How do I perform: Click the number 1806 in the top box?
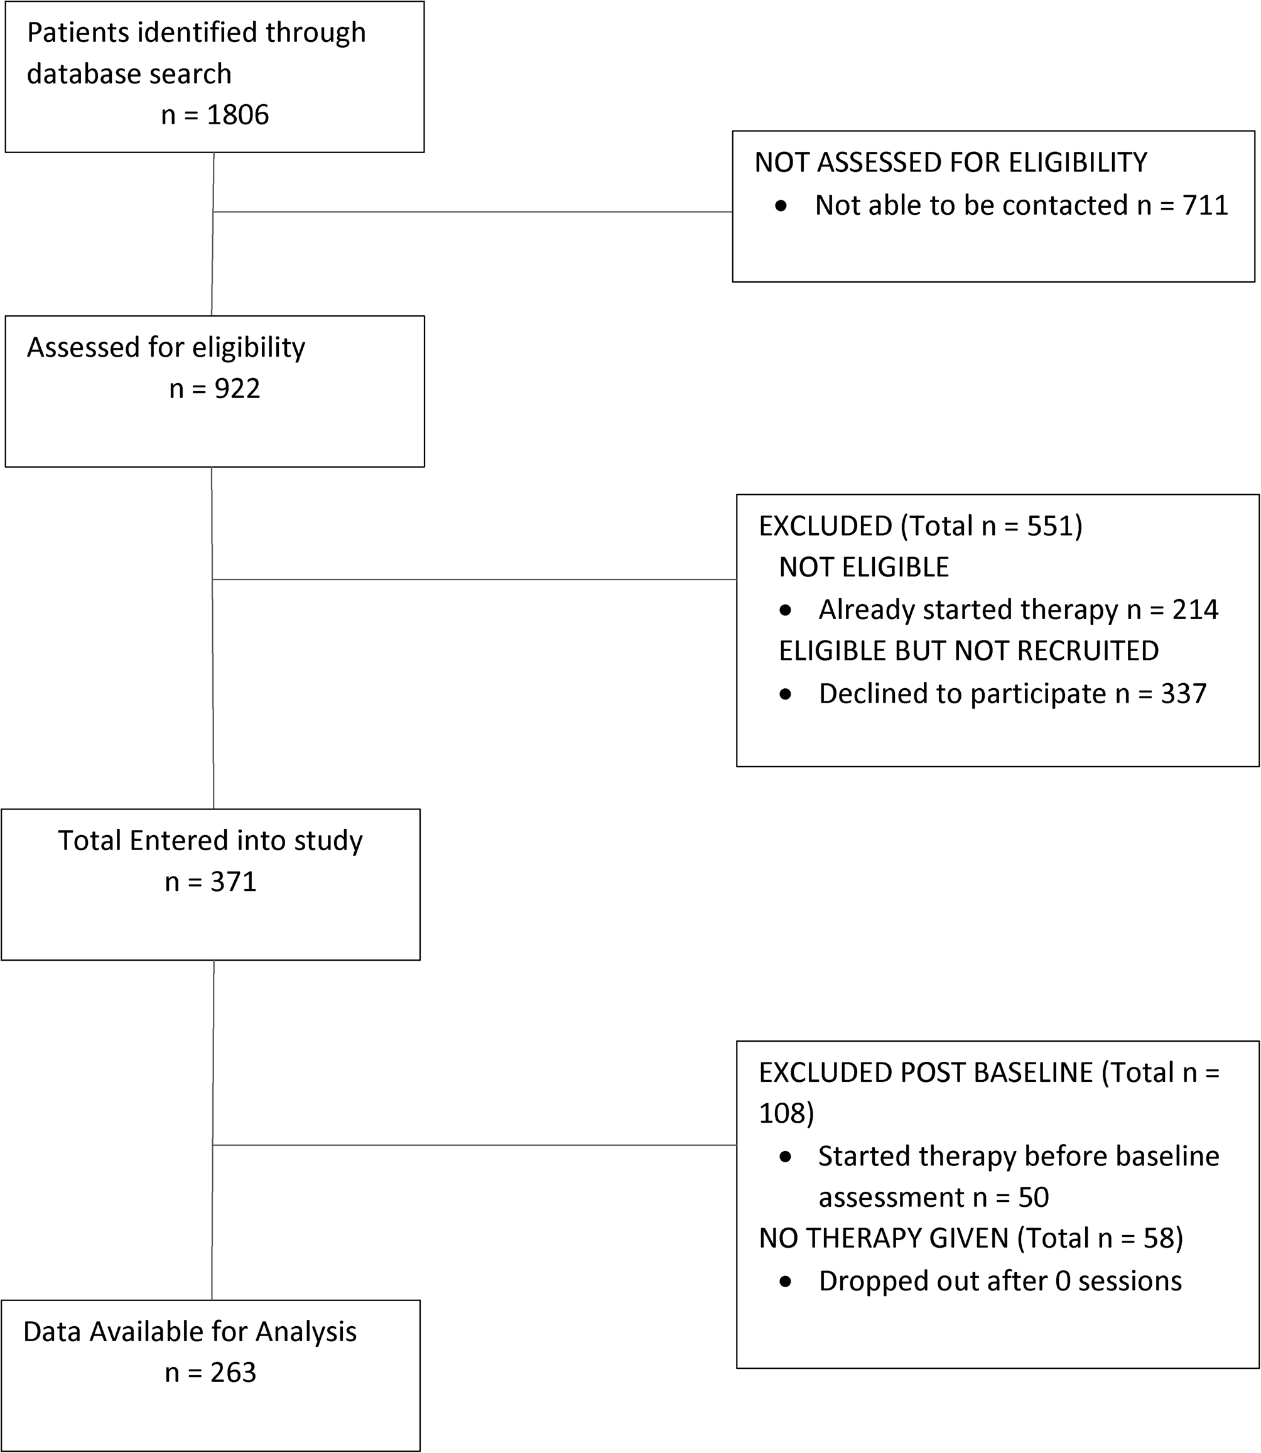point(238,115)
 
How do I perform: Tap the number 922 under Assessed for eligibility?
point(238,389)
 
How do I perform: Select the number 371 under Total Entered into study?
point(234,882)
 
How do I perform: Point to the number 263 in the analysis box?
point(234,1372)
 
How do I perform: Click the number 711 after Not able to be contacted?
point(1205,205)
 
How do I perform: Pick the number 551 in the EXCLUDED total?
point(1050,526)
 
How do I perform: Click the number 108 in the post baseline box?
point(781,1113)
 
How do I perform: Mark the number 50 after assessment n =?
point(1034,1197)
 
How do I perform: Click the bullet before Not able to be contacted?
point(781,207)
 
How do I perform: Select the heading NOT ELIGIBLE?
point(864,567)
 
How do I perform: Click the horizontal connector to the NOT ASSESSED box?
point(473,212)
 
